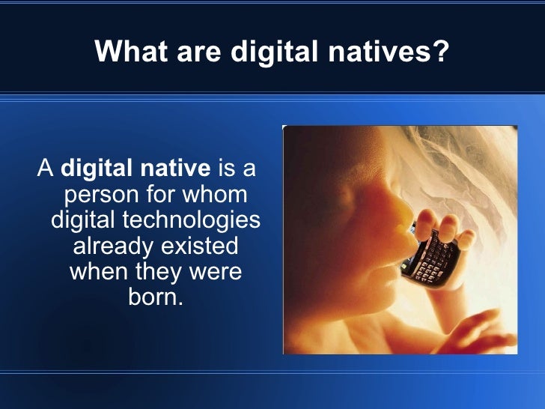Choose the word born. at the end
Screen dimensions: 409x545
click(x=156, y=297)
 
